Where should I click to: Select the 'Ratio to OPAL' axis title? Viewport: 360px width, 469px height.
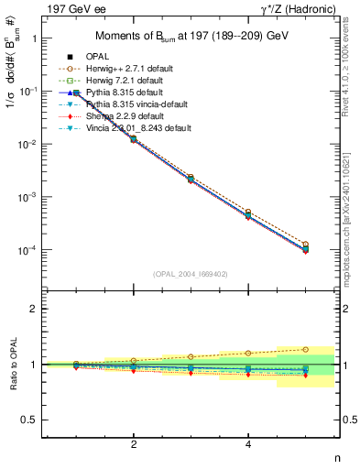tap(13, 365)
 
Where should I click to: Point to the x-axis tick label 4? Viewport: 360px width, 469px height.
tap(248, 444)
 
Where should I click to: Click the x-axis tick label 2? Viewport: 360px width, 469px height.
tap(134, 444)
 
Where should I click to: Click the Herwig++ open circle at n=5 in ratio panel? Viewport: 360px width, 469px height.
tap(305, 349)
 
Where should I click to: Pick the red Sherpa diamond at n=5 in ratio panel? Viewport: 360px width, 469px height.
tap(305, 376)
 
